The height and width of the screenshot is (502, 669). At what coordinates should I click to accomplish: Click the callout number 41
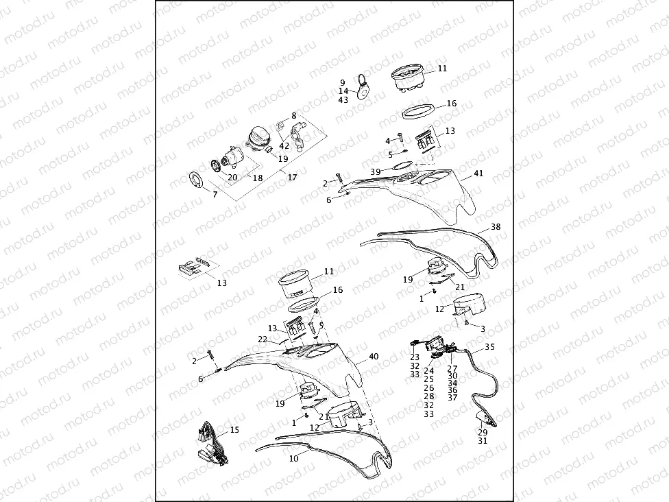tap(478, 174)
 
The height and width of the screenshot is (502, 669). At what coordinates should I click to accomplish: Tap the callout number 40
tap(374, 357)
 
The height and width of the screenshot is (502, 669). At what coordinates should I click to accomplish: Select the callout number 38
tap(496, 226)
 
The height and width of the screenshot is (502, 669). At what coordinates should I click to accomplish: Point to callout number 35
tap(489, 347)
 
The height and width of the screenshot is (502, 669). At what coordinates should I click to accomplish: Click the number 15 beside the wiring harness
tap(234, 430)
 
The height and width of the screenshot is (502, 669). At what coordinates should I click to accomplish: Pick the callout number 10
tap(294, 458)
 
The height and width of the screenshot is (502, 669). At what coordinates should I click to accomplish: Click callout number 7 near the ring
tap(215, 195)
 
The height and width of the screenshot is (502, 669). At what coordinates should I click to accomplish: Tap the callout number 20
tap(232, 177)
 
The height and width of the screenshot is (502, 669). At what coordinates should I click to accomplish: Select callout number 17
tap(292, 178)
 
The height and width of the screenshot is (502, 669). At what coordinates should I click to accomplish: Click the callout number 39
tap(375, 171)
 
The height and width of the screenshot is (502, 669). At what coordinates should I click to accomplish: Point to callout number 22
tap(262, 338)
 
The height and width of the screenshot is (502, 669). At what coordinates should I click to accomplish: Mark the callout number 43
tap(343, 99)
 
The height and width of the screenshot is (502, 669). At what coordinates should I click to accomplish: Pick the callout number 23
tap(415, 357)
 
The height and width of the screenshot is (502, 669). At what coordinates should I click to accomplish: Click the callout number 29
tap(483, 433)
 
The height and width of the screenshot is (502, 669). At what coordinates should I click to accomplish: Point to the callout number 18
tap(258, 178)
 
